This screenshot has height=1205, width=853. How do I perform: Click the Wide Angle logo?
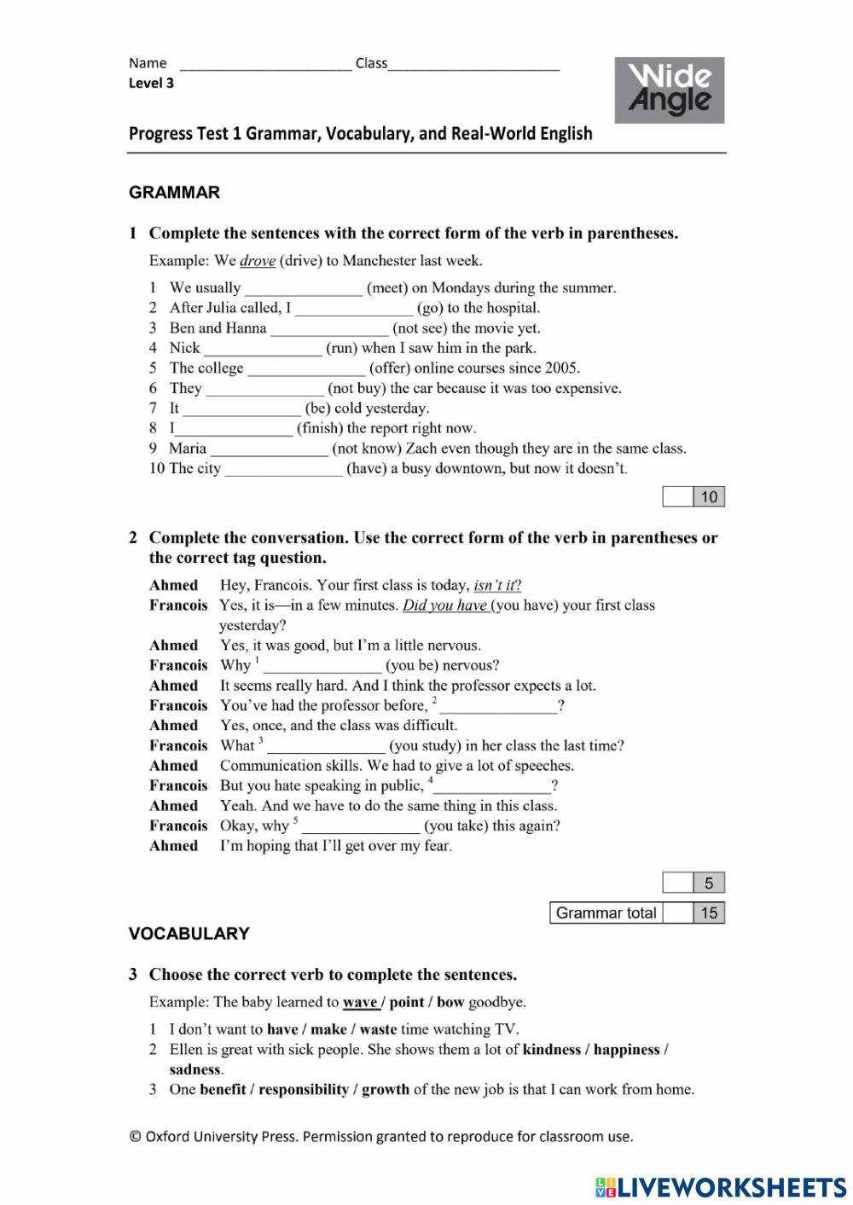pos(669,90)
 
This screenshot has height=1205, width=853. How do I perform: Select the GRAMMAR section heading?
pos(174,193)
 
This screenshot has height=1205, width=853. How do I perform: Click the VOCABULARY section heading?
pos(189,934)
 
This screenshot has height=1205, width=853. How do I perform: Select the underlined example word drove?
pos(257,261)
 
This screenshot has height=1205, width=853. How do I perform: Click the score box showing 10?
pos(708,496)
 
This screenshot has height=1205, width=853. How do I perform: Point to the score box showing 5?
pos(708,883)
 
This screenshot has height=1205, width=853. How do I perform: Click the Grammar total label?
pos(606,912)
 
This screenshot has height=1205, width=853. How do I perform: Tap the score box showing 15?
pos(708,912)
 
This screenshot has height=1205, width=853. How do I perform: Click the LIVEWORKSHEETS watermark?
pos(721,1187)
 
